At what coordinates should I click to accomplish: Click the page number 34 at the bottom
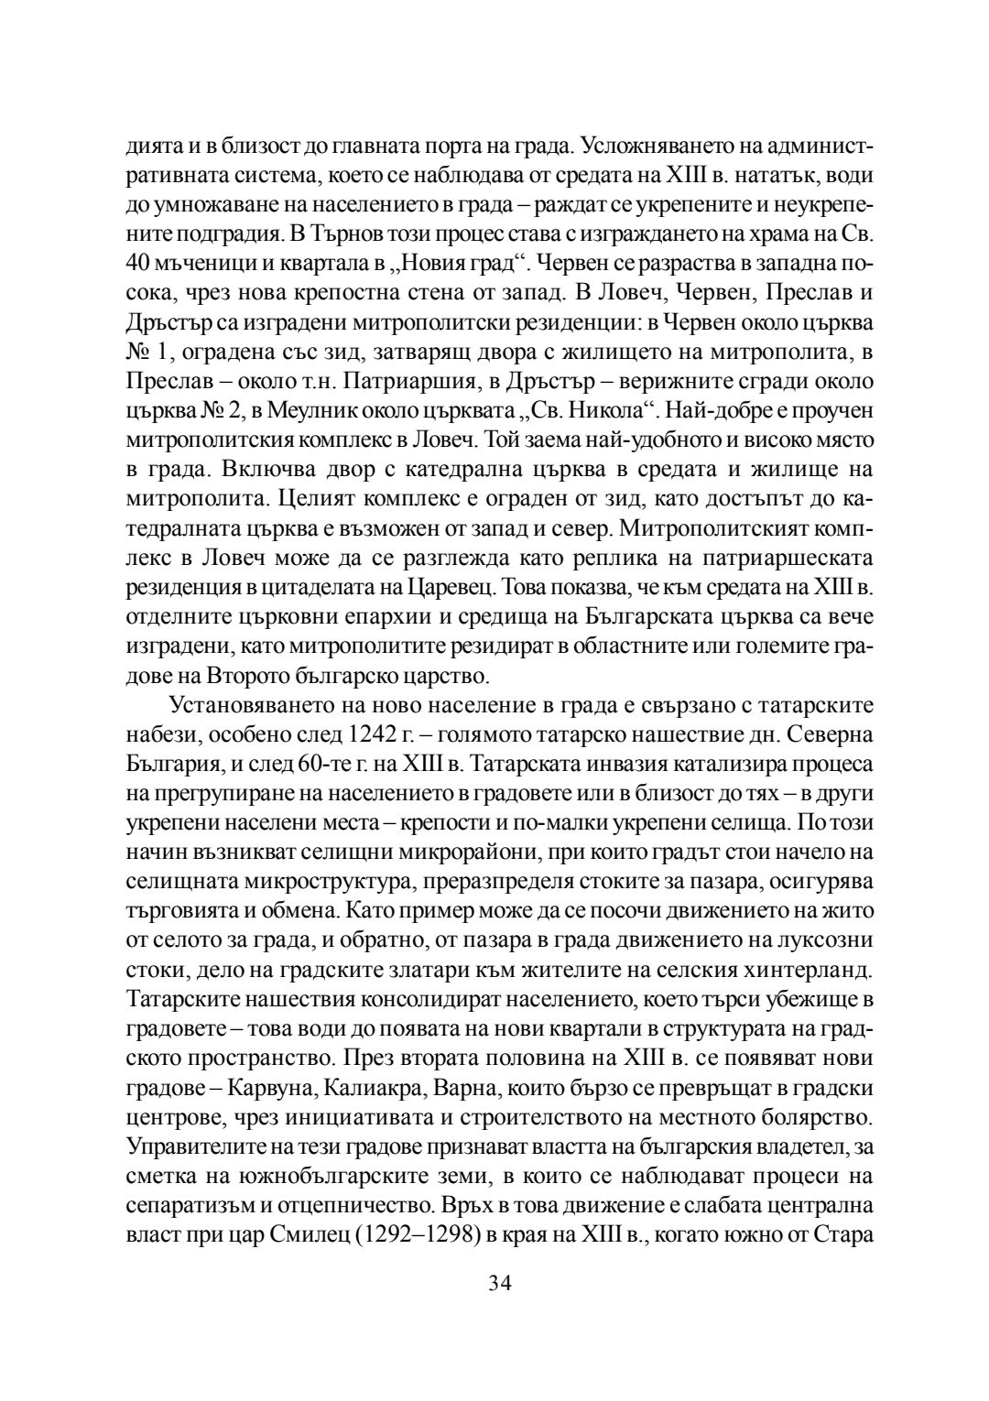(x=499, y=1281)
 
